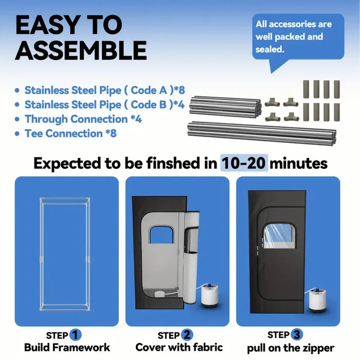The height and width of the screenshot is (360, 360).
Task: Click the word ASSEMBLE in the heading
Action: click(81, 50)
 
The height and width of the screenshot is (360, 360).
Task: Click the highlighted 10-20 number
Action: click(244, 163)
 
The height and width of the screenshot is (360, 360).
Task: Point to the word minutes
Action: click(299, 164)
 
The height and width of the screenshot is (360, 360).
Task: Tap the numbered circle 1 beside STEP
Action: click(75, 335)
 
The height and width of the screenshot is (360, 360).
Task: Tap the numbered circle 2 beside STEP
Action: click(187, 335)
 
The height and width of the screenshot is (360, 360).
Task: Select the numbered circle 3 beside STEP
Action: click(297, 334)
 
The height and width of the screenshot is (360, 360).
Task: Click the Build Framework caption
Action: click(67, 347)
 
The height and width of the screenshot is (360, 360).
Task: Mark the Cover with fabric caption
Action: click(179, 347)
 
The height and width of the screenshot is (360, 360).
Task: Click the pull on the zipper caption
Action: click(291, 348)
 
